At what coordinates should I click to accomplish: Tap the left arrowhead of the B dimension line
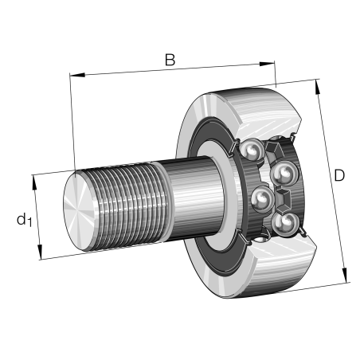(74, 76)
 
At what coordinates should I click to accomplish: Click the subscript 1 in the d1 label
(29, 223)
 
